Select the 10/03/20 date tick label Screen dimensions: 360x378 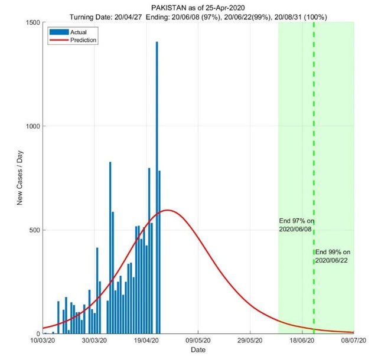43,341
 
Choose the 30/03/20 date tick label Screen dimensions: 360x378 94,341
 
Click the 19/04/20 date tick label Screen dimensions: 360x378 146,341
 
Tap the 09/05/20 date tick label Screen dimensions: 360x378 198,341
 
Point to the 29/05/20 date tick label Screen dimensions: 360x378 250,341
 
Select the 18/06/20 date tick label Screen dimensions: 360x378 302,341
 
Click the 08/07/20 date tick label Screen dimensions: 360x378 353,341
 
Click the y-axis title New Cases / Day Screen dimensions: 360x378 19,178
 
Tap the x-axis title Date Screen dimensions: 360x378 198,351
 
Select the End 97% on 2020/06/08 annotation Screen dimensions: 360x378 297,225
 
